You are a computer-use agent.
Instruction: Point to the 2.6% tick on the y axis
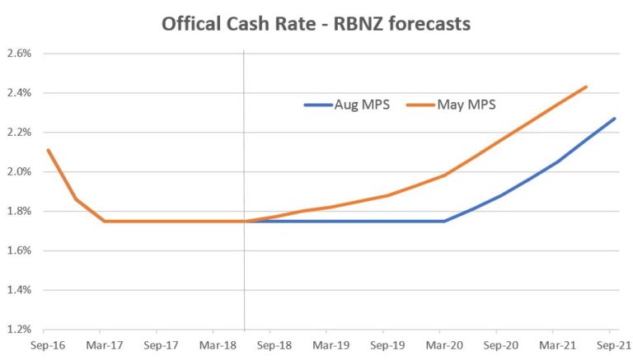[19, 54]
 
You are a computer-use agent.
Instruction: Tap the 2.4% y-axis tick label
[19, 93]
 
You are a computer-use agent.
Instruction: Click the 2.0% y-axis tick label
[19, 172]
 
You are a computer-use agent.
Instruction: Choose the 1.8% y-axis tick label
[19, 212]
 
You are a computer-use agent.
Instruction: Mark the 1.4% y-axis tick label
[19, 291]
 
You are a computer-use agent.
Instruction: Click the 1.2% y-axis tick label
[19, 330]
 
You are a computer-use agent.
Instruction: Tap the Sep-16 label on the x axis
[46, 346]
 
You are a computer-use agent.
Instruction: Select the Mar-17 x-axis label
[103, 346]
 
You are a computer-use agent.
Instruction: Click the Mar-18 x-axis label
[216, 346]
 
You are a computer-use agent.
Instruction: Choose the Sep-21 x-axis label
[612, 346]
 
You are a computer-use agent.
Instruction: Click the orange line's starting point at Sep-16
[48, 150]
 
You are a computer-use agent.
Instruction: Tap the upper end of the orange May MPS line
[586, 86]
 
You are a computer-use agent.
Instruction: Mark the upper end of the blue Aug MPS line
[615, 119]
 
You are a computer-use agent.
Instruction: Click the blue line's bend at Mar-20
[445, 221]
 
